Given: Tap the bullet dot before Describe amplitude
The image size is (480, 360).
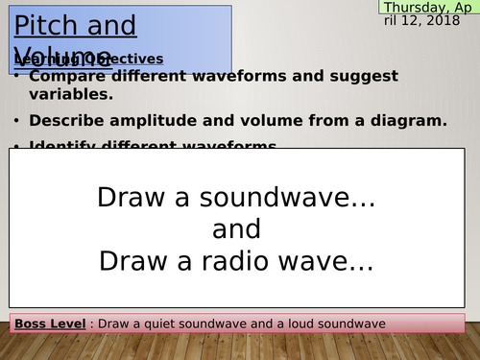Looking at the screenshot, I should (17, 121).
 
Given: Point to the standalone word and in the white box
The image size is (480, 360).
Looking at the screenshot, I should (236, 230).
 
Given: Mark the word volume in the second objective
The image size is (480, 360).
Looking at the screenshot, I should (238, 120).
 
